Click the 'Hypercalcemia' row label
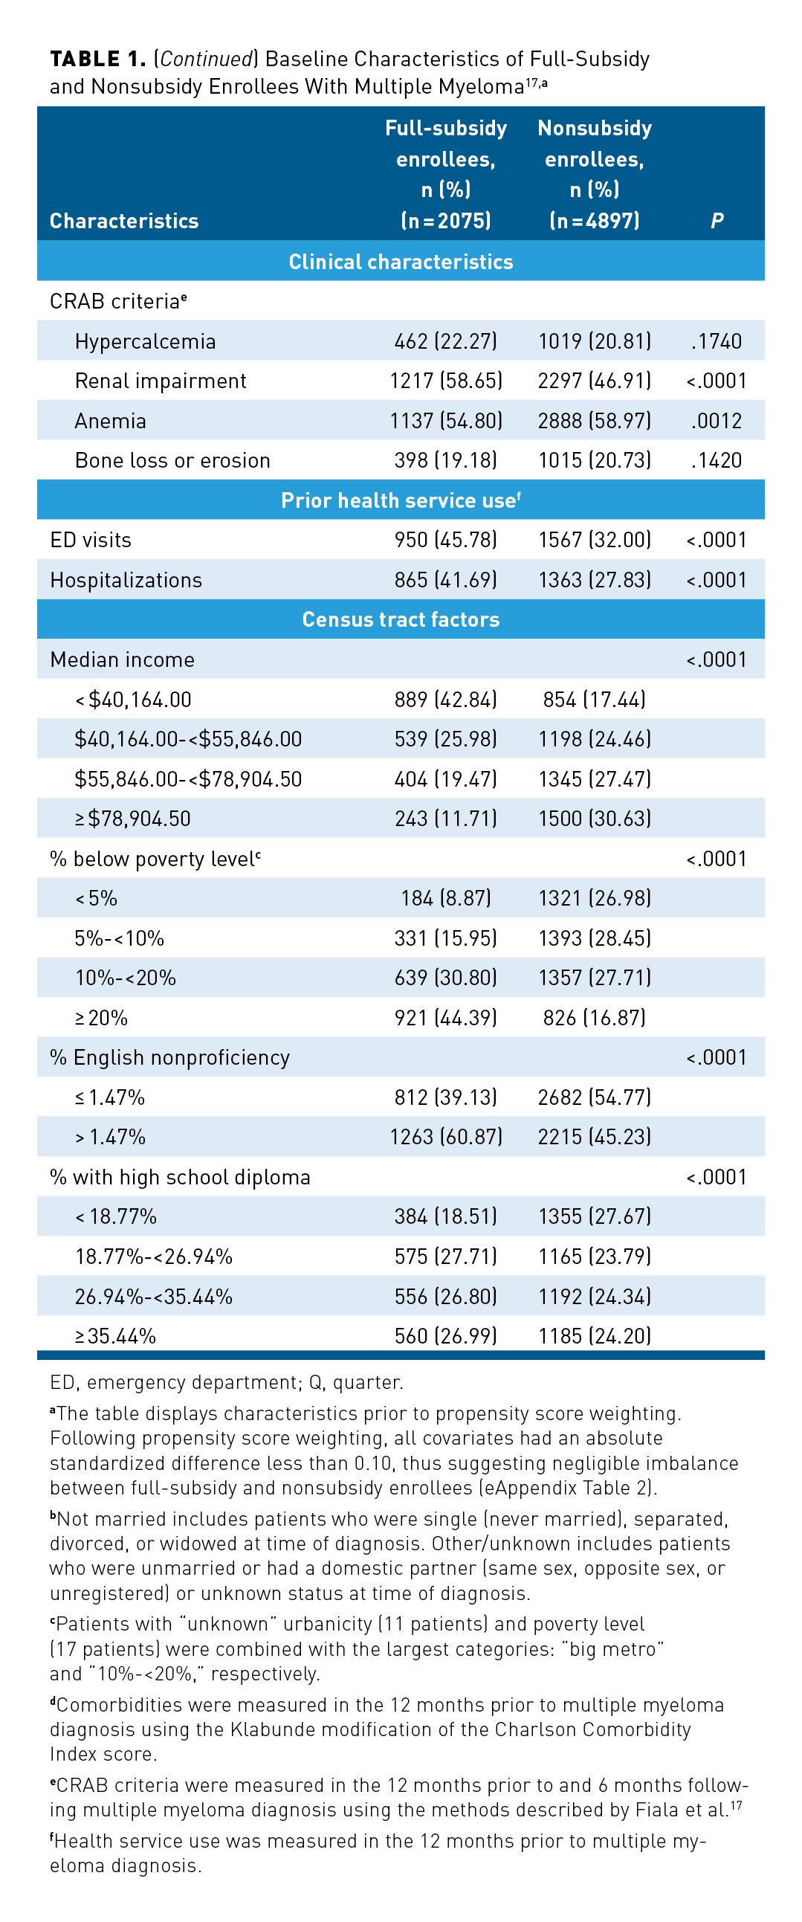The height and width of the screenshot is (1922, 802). (x=145, y=341)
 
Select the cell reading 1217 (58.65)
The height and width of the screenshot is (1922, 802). (x=445, y=381)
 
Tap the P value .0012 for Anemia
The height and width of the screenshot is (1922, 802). (x=717, y=421)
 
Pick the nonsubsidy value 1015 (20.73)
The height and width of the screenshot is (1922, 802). (x=594, y=460)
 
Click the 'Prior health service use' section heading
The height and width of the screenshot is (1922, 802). (x=401, y=500)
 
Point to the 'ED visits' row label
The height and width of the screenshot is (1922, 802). (x=90, y=540)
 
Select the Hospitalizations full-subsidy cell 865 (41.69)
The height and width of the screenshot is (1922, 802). (x=445, y=580)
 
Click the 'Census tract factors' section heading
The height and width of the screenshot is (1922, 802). (x=401, y=619)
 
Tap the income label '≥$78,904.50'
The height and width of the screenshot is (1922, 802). (x=133, y=819)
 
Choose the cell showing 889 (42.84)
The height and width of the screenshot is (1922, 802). (x=445, y=699)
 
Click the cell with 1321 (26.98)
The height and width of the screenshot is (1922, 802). (x=594, y=897)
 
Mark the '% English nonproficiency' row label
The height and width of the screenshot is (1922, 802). (x=169, y=1057)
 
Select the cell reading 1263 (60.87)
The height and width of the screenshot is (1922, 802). (x=445, y=1136)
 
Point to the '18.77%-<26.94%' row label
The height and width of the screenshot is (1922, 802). (x=154, y=1257)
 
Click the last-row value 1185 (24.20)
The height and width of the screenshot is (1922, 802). (x=594, y=1335)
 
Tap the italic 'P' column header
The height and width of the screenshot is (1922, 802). (x=717, y=220)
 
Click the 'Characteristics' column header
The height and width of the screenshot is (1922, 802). (x=124, y=220)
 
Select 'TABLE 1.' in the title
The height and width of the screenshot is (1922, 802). (x=97, y=59)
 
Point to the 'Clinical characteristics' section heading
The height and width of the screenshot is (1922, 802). (x=401, y=261)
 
